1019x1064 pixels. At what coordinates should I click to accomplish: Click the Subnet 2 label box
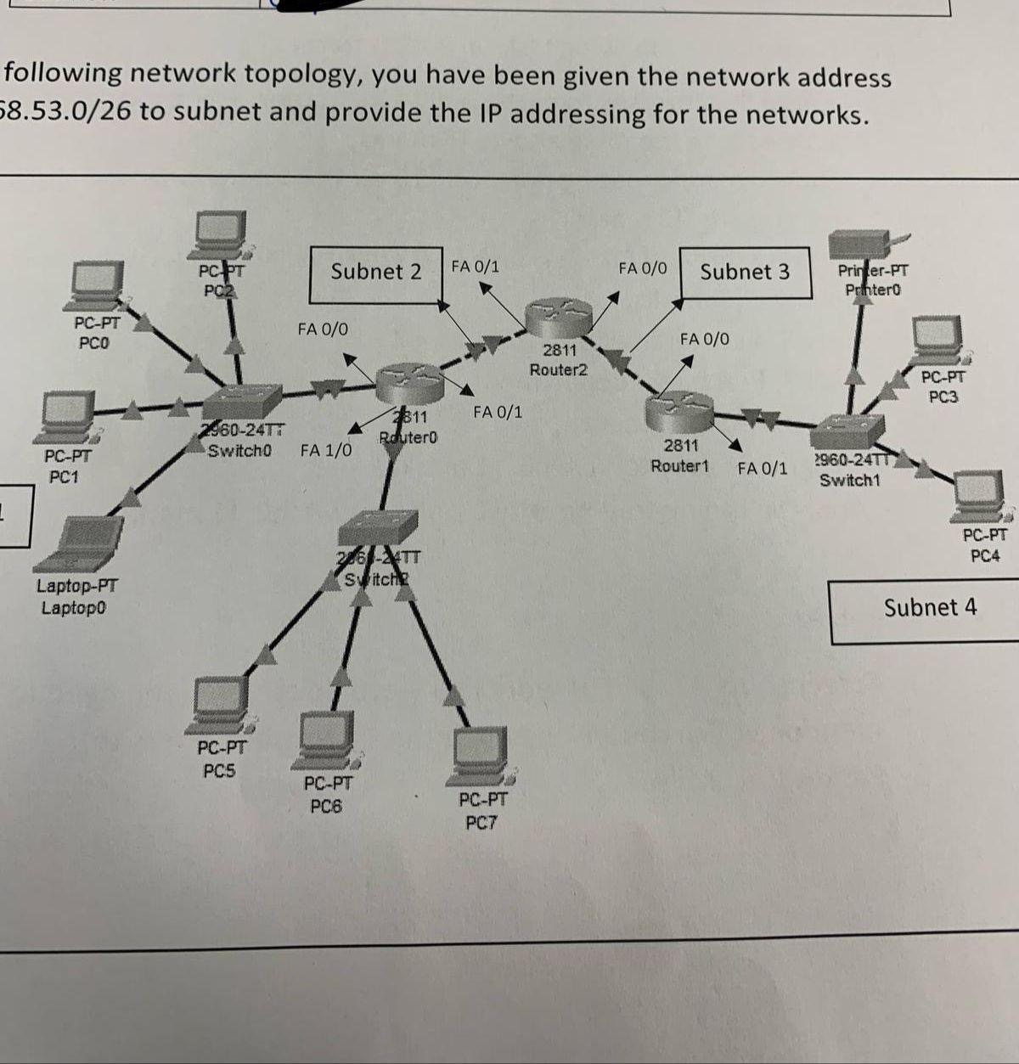(x=376, y=274)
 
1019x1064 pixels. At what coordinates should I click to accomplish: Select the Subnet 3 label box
(x=745, y=273)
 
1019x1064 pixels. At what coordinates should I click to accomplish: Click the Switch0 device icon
(x=247, y=400)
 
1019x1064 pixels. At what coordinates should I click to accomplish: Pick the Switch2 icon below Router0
(x=378, y=527)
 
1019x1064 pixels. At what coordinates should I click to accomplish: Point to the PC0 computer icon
(x=98, y=285)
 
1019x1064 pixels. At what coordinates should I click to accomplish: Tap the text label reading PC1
(x=64, y=477)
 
